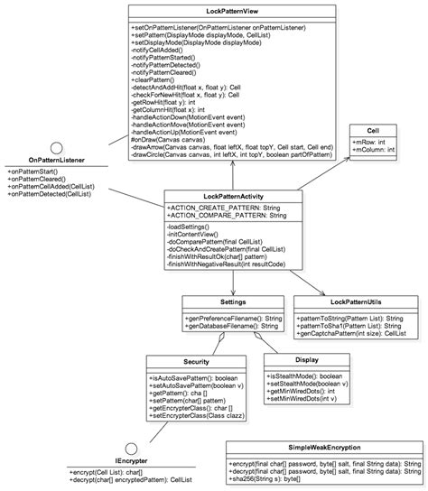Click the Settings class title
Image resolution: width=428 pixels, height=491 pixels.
click(233, 301)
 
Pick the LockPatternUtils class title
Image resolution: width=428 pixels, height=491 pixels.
click(358, 301)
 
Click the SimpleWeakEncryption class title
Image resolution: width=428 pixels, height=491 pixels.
click(325, 447)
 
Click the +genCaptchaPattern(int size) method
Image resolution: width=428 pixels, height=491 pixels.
click(357, 334)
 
